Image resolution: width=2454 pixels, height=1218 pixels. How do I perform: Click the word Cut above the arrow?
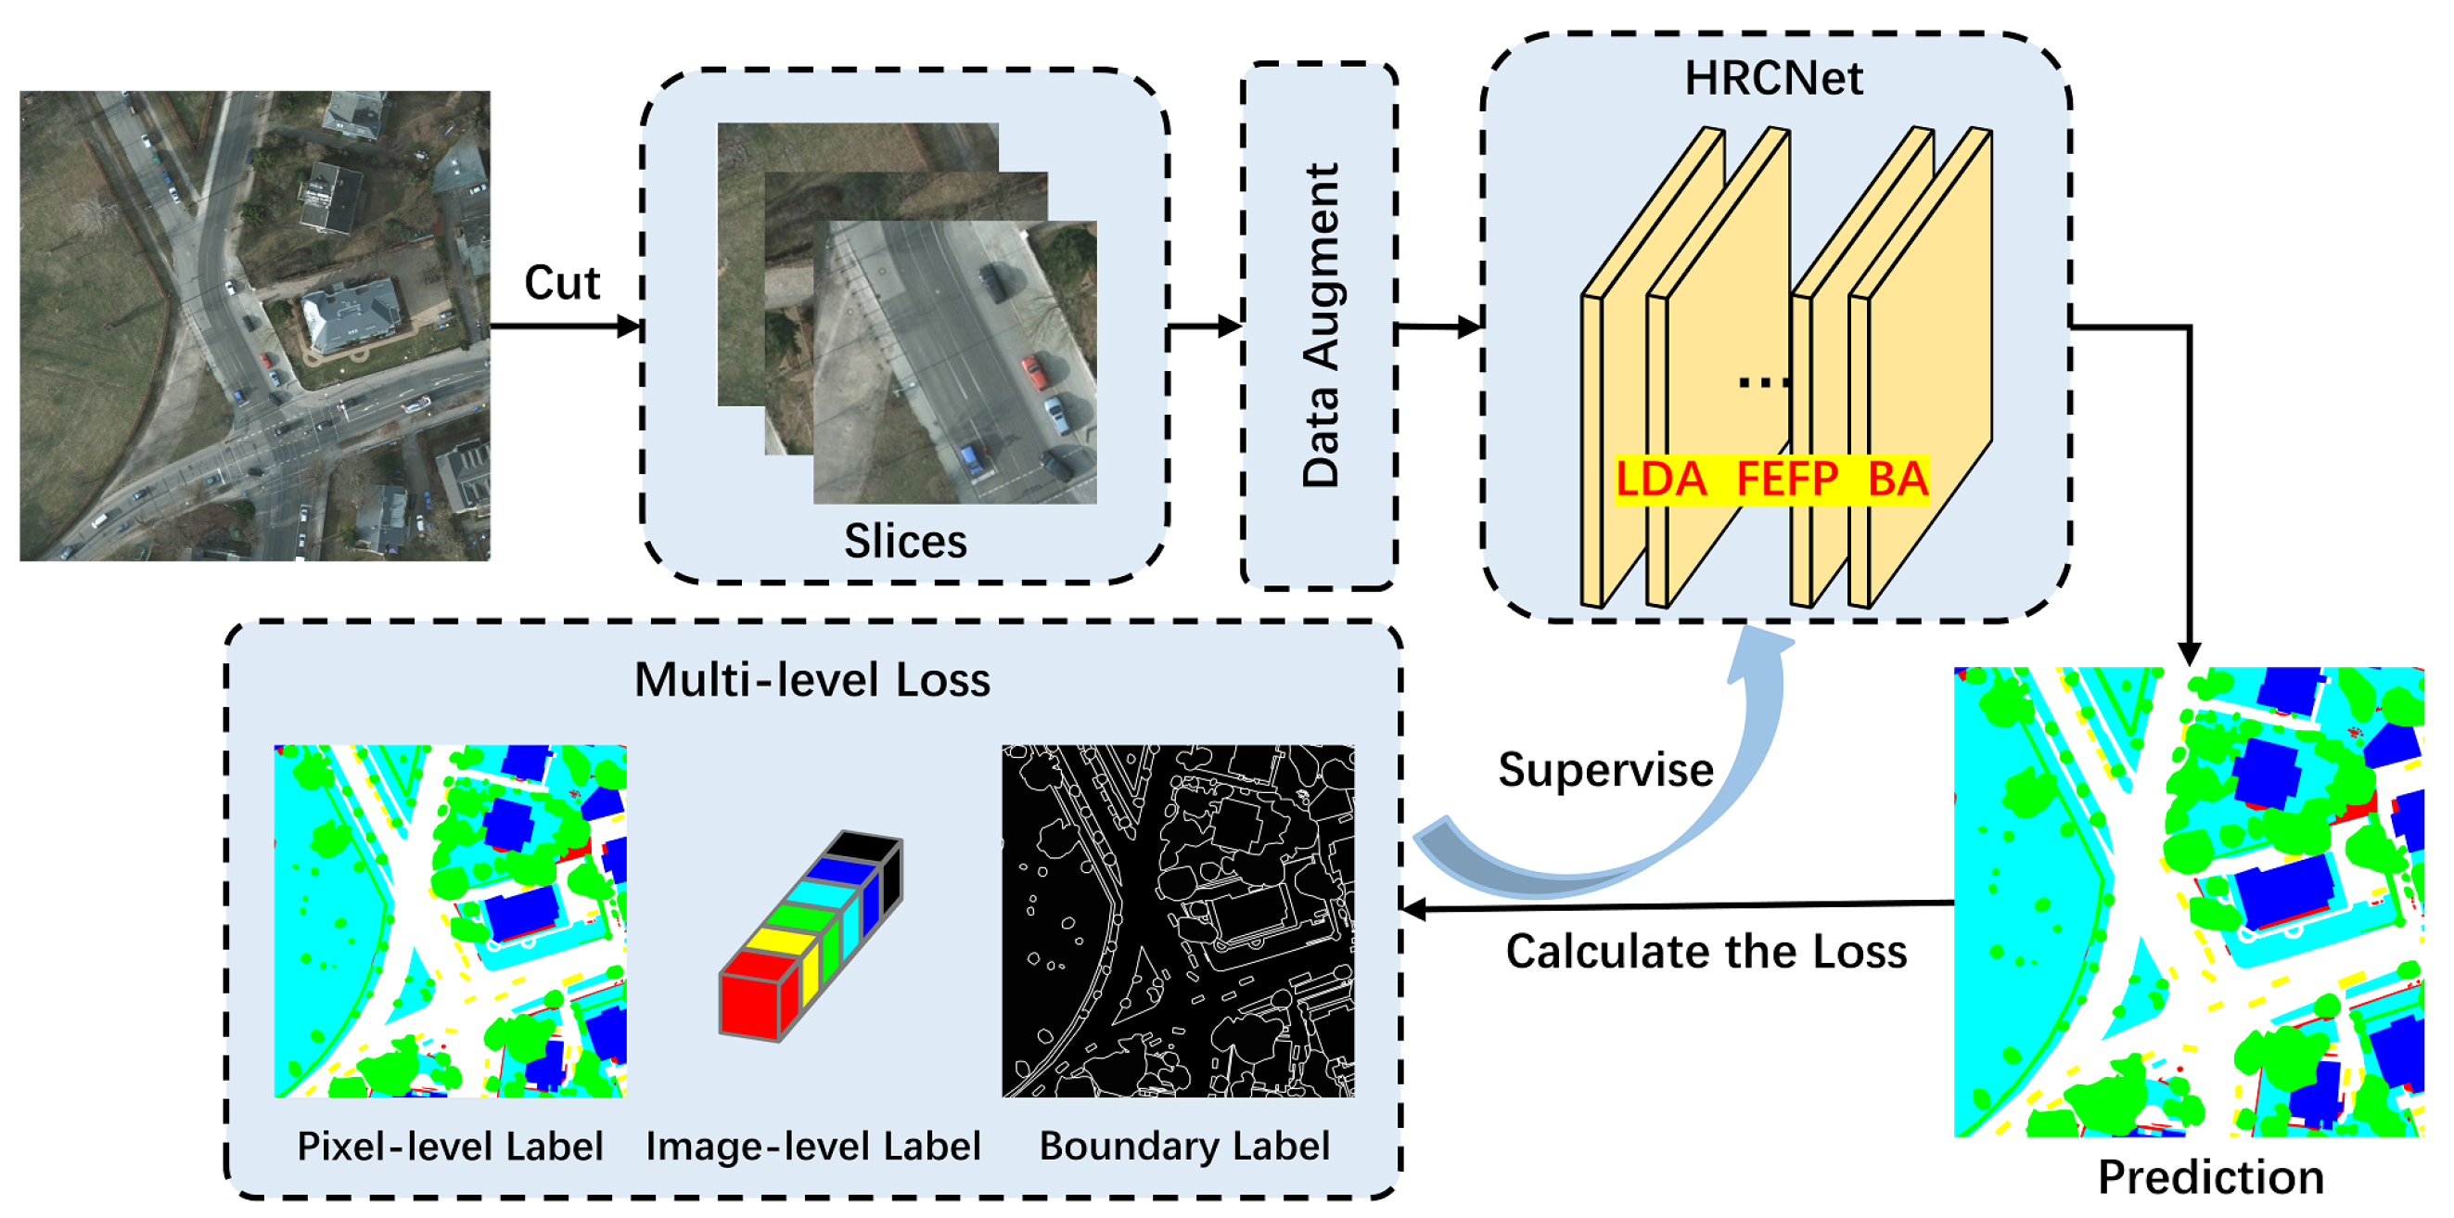point(562,283)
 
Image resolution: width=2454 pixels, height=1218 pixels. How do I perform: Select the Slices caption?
point(905,542)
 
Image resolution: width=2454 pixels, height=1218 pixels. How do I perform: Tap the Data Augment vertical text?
point(1322,325)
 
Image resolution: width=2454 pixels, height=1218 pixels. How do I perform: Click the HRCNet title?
point(1773,78)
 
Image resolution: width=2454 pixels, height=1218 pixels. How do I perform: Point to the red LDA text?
point(1660,480)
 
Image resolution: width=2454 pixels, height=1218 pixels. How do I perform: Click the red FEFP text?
point(1787,480)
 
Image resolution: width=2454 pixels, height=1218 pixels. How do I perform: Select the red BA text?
point(1897,480)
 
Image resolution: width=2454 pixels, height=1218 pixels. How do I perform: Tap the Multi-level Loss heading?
point(812,681)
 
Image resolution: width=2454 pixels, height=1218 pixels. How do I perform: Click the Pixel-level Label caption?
point(450,1147)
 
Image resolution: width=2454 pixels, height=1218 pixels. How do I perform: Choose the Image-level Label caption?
point(812,1147)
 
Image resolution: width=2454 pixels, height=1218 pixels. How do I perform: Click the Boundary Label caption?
point(1183,1147)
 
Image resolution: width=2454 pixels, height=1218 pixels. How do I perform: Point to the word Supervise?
point(1605,770)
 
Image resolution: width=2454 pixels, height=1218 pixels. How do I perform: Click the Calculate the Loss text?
point(1706,951)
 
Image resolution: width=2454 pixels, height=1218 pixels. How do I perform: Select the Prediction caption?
point(2210,1178)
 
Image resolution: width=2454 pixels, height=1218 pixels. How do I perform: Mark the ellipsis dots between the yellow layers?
point(1762,383)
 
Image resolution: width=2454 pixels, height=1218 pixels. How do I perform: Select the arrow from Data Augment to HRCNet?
point(1438,327)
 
